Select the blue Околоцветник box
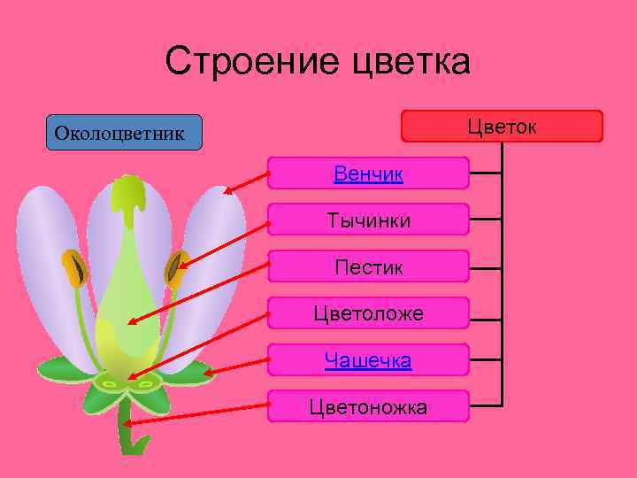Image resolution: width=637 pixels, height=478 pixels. click(x=124, y=132)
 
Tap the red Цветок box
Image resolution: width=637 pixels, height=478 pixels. click(x=502, y=126)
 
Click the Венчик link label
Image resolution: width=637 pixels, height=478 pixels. click(x=368, y=173)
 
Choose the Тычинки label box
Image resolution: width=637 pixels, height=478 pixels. click(x=368, y=220)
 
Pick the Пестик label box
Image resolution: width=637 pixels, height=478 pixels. click(x=368, y=266)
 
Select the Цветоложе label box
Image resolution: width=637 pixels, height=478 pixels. click(x=368, y=313)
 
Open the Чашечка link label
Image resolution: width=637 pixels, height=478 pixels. click(x=368, y=360)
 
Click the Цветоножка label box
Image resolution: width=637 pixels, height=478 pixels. click(x=368, y=407)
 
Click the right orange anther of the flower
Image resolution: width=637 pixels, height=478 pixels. click(x=177, y=266)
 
